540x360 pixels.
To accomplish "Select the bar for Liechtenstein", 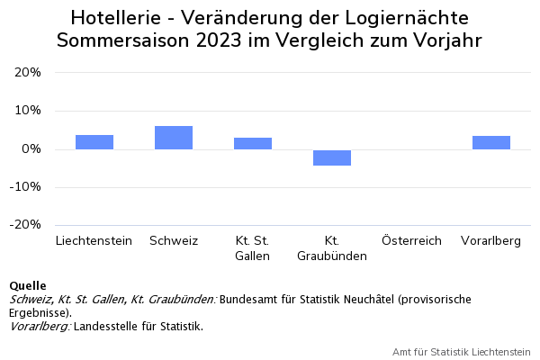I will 94,142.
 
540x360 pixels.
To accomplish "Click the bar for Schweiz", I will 174,138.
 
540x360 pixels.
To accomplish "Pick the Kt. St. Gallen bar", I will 253,143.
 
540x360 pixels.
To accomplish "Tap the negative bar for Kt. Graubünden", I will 332,157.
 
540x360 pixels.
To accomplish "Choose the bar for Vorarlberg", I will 490,142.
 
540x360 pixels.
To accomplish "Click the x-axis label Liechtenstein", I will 94,241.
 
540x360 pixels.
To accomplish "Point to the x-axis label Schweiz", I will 174,241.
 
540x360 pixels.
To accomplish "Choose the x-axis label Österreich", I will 411,241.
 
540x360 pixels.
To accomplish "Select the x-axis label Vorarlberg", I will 490,241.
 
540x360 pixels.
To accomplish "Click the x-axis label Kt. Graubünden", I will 332,248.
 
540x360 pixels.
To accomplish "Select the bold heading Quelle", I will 27,286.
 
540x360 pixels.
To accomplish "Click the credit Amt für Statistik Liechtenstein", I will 462,351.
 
